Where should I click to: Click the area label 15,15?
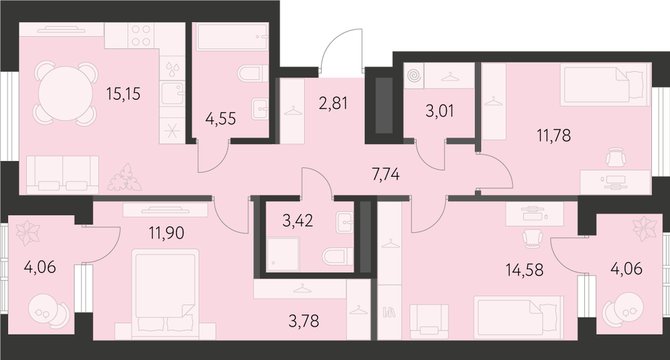click(123, 94)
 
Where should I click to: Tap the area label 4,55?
click(220, 119)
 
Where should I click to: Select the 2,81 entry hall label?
click(333, 103)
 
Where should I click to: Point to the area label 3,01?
click(440, 111)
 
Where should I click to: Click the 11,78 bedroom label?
click(554, 135)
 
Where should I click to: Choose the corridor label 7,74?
click(385, 174)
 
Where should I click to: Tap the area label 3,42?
click(298, 221)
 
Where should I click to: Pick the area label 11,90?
click(166, 233)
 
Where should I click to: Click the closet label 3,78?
click(304, 320)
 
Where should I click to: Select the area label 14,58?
click(525, 269)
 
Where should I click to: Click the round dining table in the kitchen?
click(66, 94)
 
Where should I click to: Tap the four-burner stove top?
click(141, 36)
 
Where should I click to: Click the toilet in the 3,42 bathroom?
click(338, 257)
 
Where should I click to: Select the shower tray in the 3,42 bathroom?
click(283, 255)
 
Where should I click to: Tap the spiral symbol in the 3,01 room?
click(413, 76)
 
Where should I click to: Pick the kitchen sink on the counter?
click(172, 93)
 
